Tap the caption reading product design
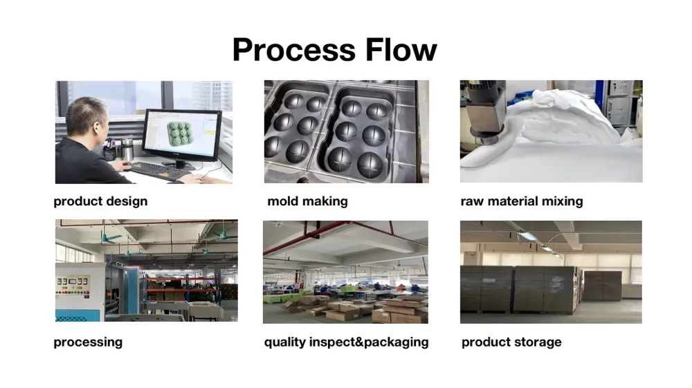[x=100, y=201]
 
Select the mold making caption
[x=307, y=201]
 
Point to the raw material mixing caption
[x=521, y=201]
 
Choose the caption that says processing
[x=88, y=342]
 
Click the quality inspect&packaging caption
[x=346, y=342]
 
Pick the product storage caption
[x=511, y=342]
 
